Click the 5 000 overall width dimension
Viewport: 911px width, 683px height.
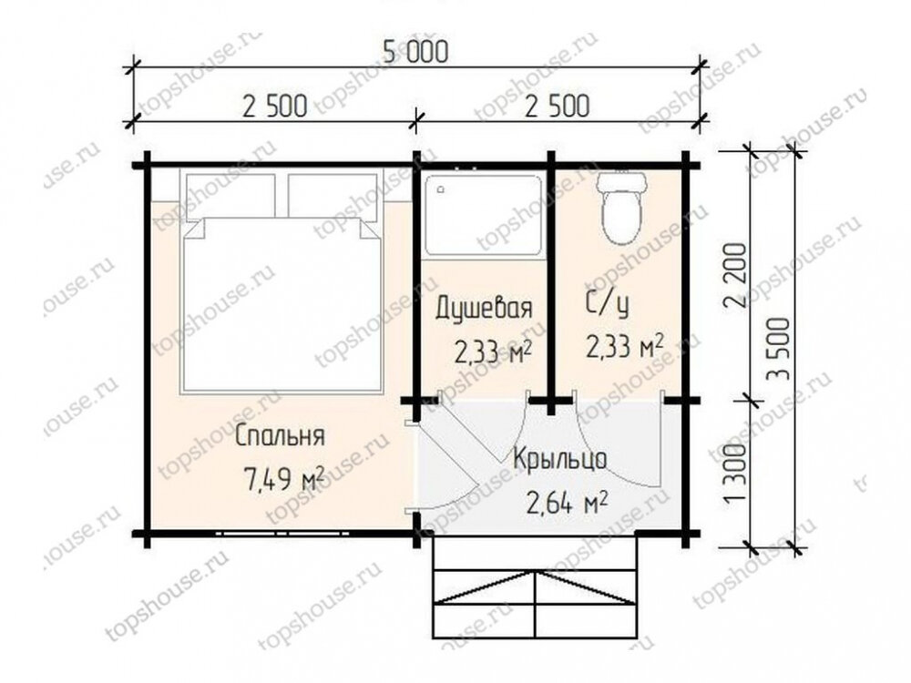coord(416,51)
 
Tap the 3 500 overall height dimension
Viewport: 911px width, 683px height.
coord(779,349)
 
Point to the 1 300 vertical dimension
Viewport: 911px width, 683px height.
coord(735,474)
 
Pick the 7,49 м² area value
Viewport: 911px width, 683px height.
coord(284,480)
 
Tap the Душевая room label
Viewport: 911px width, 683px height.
coord(484,308)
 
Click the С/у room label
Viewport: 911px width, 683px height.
coord(607,304)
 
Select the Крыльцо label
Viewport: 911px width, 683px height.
coord(559,459)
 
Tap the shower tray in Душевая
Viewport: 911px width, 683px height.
coord(484,215)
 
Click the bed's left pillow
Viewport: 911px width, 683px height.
coord(230,195)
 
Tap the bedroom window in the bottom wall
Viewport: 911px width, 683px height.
coord(283,533)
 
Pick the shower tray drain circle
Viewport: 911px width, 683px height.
coord(442,189)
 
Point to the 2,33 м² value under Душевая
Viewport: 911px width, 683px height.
coord(493,352)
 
